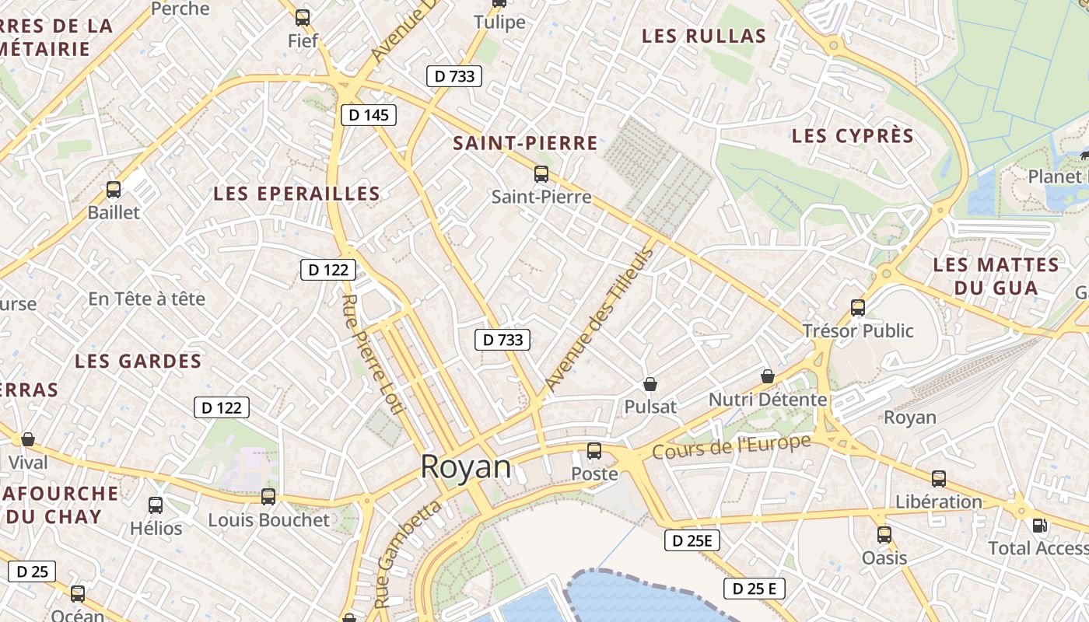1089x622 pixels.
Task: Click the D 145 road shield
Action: pyautogui.click(x=369, y=115)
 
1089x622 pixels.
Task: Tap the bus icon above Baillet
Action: pyautogui.click(x=114, y=189)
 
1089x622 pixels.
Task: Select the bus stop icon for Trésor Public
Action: pyautogui.click(x=858, y=308)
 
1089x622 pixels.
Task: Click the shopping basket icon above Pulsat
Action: pyautogui.click(x=650, y=384)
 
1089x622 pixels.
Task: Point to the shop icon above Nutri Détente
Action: pyautogui.click(x=768, y=376)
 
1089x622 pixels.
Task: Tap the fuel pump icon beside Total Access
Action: pyautogui.click(x=1039, y=526)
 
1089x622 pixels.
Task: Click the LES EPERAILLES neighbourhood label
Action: pyautogui.click(x=297, y=194)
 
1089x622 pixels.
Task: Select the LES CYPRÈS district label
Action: pyautogui.click(x=853, y=136)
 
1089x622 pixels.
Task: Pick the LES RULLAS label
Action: pyautogui.click(x=704, y=36)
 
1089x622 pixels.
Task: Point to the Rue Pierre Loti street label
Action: pyautogui.click(x=370, y=354)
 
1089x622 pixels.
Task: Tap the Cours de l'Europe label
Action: pyautogui.click(x=731, y=446)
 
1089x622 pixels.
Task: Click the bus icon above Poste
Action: pyautogui.click(x=594, y=450)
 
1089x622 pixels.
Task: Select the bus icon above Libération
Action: pyautogui.click(x=939, y=479)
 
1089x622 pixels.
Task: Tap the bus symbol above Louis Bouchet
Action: pyautogui.click(x=268, y=496)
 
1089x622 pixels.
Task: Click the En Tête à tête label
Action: pyautogui.click(x=147, y=299)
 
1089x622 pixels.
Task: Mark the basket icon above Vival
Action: pyautogui.click(x=28, y=439)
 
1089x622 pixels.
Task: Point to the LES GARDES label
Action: pyautogui.click(x=138, y=361)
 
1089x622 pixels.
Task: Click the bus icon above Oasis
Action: pyautogui.click(x=884, y=535)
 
